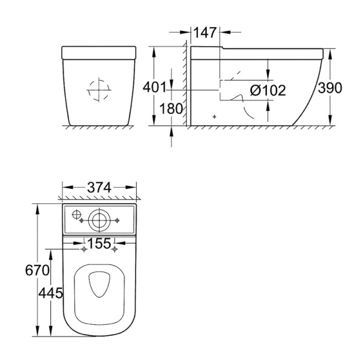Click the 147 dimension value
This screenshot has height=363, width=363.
pos(205,33)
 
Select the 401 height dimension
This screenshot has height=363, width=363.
pos(155,88)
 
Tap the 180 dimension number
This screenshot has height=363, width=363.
pos(171,108)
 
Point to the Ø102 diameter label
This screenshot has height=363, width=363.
pos(268,90)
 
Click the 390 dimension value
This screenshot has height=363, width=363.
pos(330,88)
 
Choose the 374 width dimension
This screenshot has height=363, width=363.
pos(99,188)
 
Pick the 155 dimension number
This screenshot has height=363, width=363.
pos(100,243)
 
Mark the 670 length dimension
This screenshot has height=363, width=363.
pos(37,270)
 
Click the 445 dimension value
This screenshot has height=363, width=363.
pos(50,293)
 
